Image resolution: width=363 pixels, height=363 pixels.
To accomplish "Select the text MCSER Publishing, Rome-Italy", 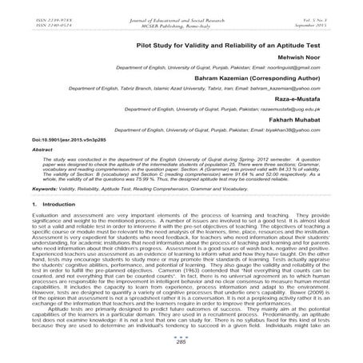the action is [x=181, y=18].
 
